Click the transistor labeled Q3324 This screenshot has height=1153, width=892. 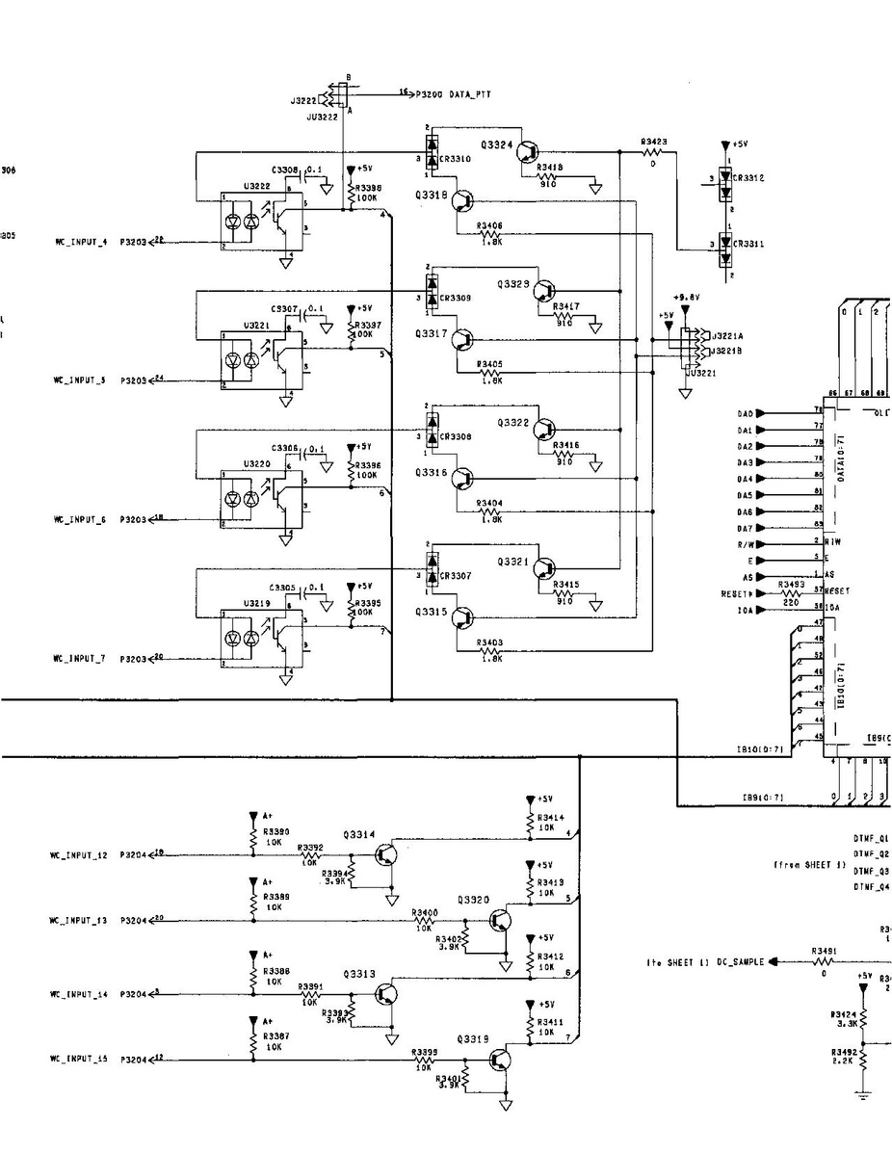click(527, 151)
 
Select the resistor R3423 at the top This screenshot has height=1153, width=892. click(654, 151)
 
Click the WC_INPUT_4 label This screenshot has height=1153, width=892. click(80, 243)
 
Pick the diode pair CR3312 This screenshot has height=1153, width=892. click(724, 179)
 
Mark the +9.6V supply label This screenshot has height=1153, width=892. click(686, 299)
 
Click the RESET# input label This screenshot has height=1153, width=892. click(739, 593)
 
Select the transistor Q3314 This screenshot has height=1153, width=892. click(386, 853)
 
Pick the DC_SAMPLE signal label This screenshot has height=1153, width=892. click(741, 962)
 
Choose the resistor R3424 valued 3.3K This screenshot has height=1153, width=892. click(863, 1017)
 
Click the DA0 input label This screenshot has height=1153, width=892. click(745, 413)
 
